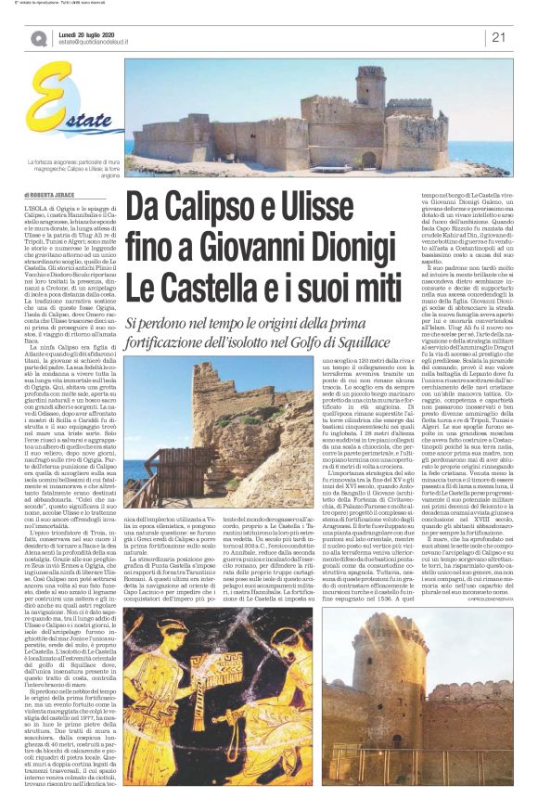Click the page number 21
tap(497, 37)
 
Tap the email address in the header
tap(105, 43)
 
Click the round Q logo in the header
tap(38, 38)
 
